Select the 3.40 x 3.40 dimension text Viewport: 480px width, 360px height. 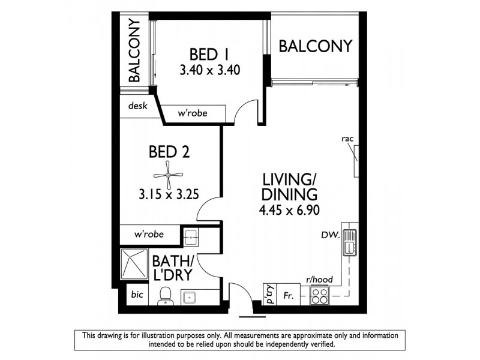(x=209, y=70)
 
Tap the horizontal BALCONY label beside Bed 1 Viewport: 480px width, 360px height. (x=315, y=46)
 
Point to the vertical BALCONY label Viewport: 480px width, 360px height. (x=134, y=50)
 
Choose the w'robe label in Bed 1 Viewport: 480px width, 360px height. (x=192, y=113)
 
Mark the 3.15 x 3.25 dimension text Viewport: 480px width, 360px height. (x=168, y=194)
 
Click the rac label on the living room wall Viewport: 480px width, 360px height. (x=347, y=139)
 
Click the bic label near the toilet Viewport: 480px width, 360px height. (x=137, y=296)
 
